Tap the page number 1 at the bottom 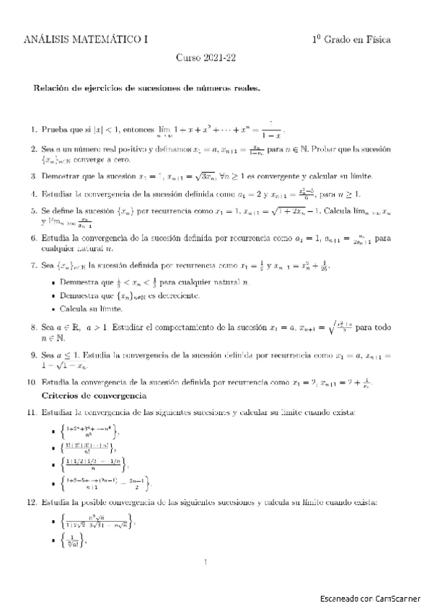point(206,562)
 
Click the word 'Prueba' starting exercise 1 point(55,130)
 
